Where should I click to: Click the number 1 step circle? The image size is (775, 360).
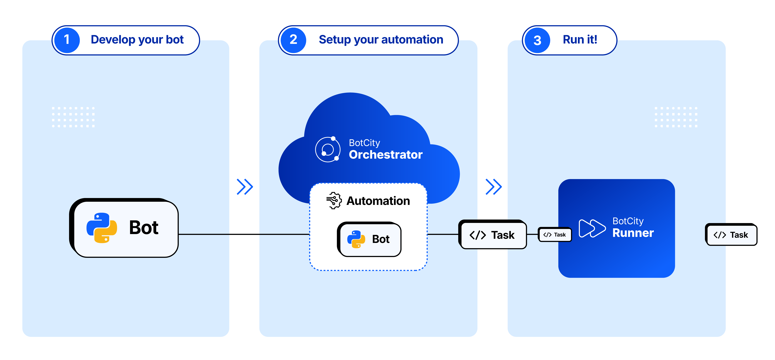(x=67, y=40)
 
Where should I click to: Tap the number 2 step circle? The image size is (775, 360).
(x=293, y=40)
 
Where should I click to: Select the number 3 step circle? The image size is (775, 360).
(x=537, y=40)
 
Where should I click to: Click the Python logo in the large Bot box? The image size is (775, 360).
(x=102, y=228)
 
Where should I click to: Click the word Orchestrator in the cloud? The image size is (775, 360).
(x=385, y=155)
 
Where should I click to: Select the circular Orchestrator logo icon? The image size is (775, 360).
(x=328, y=149)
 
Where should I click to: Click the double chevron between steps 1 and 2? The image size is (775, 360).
(x=245, y=187)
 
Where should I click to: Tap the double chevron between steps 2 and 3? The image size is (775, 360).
(x=494, y=187)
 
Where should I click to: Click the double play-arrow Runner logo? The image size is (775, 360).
(x=592, y=228)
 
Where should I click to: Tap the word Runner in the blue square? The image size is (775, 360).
(x=633, y=233)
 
